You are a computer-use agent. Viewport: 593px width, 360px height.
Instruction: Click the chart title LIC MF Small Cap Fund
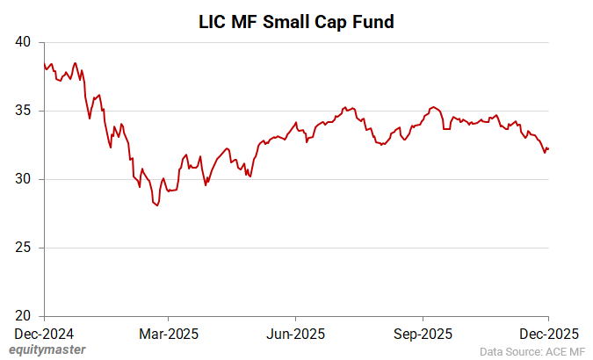(x=296, y=22)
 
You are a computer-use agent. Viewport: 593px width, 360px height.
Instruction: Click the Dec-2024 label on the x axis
(x=44, y=334)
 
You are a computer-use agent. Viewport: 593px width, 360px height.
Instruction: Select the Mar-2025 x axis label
(x=170, y=334)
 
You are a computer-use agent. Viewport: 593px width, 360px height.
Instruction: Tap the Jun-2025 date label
(x=296, y=334)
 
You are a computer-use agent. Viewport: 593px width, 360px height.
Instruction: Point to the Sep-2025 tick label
(x=423, y=334)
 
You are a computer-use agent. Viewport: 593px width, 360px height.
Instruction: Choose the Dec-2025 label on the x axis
(x=548, y=334)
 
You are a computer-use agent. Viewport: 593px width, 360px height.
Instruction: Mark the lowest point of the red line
(x=157, y=205)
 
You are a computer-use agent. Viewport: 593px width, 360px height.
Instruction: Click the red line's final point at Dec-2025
(x=548, y=149)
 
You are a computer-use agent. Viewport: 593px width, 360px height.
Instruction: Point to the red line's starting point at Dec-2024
(x=44, y=63)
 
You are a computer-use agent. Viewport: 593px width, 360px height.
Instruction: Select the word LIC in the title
(x=213, y=22)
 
